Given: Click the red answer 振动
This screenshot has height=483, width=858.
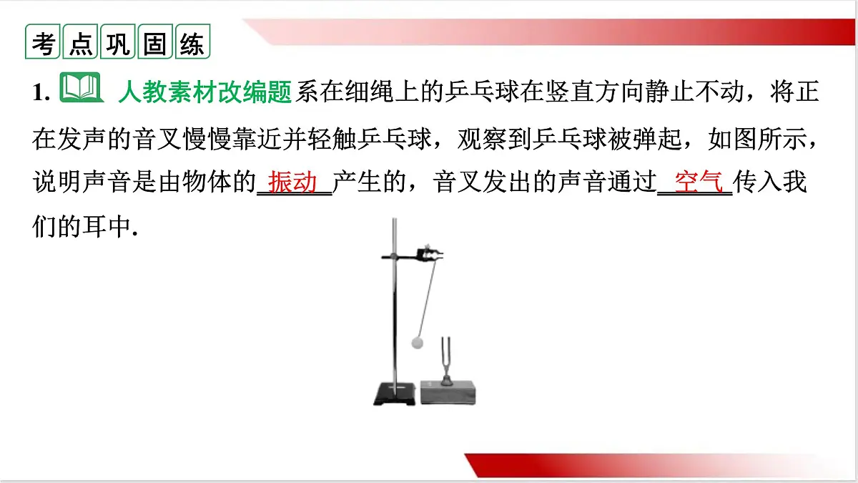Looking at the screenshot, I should point(293,182).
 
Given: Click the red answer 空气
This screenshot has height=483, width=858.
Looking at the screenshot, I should point(694,182).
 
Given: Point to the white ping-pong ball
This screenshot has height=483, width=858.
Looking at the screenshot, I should point(417,343).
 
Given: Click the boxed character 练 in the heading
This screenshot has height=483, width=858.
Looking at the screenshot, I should point(192,44).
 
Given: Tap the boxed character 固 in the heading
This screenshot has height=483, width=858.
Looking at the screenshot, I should point(155,44).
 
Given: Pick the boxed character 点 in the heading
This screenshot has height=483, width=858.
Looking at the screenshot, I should point(80,44).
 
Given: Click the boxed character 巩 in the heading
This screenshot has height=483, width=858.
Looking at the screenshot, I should point(118,44).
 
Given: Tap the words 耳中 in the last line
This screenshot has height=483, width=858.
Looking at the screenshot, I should point(105,227).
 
